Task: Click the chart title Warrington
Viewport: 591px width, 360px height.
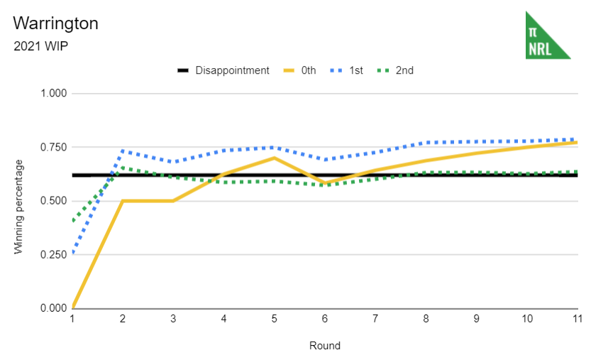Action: click(55, 23)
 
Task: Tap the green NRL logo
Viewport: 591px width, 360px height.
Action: click(547, 36)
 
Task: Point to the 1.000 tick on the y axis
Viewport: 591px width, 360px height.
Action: click(53, 94)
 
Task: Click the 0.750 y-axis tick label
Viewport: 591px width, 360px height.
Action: click(53, 147)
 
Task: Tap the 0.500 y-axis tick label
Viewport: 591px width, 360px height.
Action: click(53, 201)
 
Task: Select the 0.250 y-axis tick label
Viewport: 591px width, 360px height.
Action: click(53, 254)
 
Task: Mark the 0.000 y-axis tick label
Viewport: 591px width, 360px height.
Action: click(53, 308)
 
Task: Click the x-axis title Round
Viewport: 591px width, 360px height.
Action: click(325, 346)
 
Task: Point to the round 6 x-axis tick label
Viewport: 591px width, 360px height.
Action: click(325, 320)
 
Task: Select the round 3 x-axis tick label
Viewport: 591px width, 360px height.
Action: click(174, 320)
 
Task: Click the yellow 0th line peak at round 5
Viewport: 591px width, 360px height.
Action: click(275, 158)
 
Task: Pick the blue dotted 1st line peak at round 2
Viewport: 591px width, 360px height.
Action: click(123, 151)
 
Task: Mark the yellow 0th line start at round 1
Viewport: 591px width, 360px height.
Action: click(73, 307)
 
